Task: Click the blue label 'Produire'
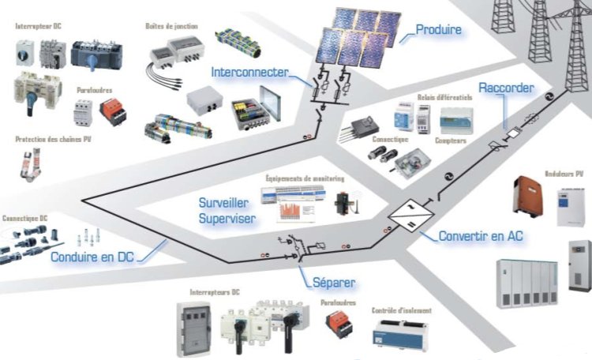[439, 30]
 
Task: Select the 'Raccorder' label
[505, 88]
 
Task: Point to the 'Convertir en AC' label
[481, 235]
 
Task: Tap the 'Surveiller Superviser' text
[227, 211]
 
